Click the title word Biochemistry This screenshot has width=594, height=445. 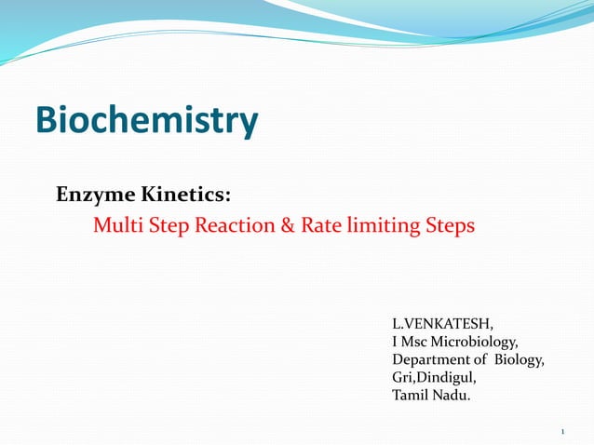[146, 121]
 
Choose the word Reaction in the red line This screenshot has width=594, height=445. [233, 225]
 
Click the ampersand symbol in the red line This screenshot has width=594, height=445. [290, 225]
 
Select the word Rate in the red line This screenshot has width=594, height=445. [320, 225]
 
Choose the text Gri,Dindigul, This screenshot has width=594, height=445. [434, 378]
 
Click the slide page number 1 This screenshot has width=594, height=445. [564, 431]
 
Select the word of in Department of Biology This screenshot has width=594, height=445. [481, 360]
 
